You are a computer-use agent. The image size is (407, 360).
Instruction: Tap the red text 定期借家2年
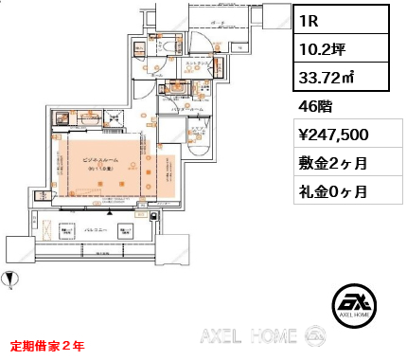pyautogui.click(x=47, y=346)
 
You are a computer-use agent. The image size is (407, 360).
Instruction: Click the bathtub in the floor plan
pyautogui.click(x=200, y=142)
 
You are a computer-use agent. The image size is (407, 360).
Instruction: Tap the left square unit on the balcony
pyautogui.click(x=67, y=230)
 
